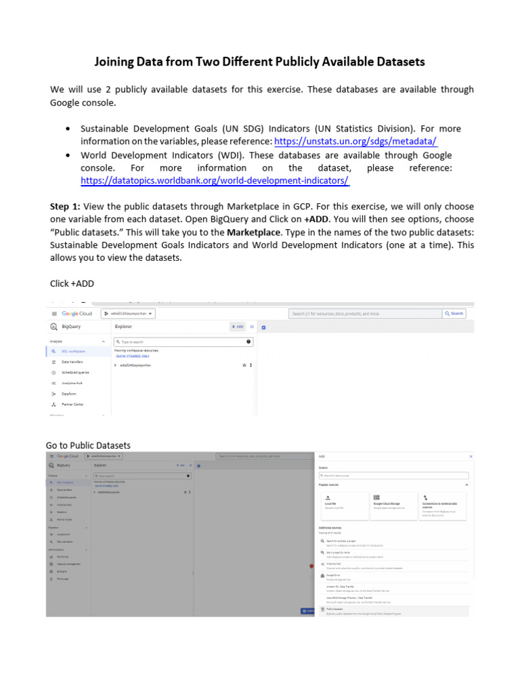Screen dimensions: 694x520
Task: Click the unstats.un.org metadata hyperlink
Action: pyautogui.click(x=355, y=141)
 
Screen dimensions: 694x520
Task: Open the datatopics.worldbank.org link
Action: pyautogui.click(x=215, y=180)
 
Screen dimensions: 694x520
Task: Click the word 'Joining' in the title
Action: pyautogui.click(x=116, y=62)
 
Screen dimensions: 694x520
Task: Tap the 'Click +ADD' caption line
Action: pyautogui.click(x=72, y=283)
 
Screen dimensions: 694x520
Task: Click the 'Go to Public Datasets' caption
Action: pyautogui.click(x=88, y=445)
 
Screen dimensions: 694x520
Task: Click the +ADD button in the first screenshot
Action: pyautogui.click(x=237, y=326)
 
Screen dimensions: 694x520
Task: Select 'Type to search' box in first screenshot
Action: pyautogui.click(x=176, y=342)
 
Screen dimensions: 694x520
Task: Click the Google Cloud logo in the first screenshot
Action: pyautogui.click(x=77, y=314)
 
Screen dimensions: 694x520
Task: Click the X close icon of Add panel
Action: pyautogui.click(x=471, y=457)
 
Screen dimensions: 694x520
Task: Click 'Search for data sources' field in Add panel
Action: pyautogui.click(x=393, y=476)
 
